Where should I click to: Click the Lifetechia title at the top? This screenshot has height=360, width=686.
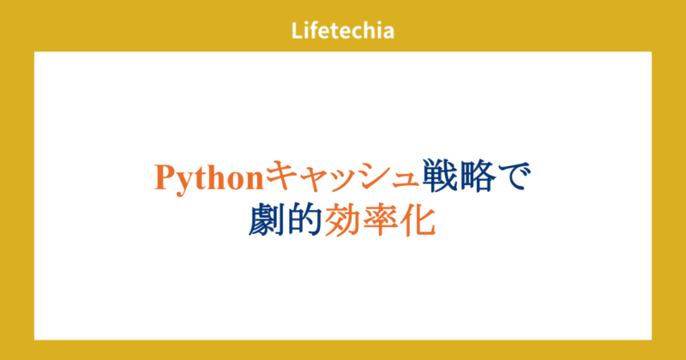(342, 32)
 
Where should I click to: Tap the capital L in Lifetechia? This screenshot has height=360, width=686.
(296, 32)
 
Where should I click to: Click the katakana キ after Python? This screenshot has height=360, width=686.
(282, 177)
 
